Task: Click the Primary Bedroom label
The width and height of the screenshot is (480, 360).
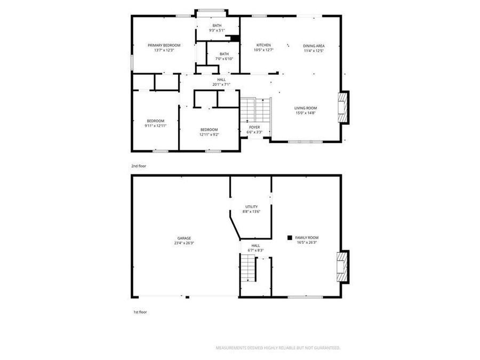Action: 164,45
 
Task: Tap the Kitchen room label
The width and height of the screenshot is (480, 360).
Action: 263,45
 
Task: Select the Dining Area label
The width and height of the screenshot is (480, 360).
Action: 314,46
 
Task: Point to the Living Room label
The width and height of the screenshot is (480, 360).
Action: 306,108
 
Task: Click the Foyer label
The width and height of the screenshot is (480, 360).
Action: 254,127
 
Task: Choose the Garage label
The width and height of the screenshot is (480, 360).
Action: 184,238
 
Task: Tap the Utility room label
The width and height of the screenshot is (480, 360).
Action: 251,207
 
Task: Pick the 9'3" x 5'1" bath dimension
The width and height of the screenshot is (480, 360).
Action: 217,30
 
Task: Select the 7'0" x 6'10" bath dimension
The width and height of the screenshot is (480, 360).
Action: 224,59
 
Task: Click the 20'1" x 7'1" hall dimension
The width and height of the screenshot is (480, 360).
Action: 221,84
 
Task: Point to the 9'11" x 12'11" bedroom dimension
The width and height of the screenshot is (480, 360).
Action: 155,126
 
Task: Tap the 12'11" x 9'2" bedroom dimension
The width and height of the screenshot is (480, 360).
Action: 209,134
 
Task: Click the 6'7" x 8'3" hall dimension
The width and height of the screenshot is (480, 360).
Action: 255,250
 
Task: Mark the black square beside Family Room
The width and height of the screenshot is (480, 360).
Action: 290,237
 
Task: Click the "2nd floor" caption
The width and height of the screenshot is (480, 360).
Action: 139,166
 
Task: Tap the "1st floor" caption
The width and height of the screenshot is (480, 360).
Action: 140,312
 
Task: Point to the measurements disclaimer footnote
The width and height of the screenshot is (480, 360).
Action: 277,348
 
